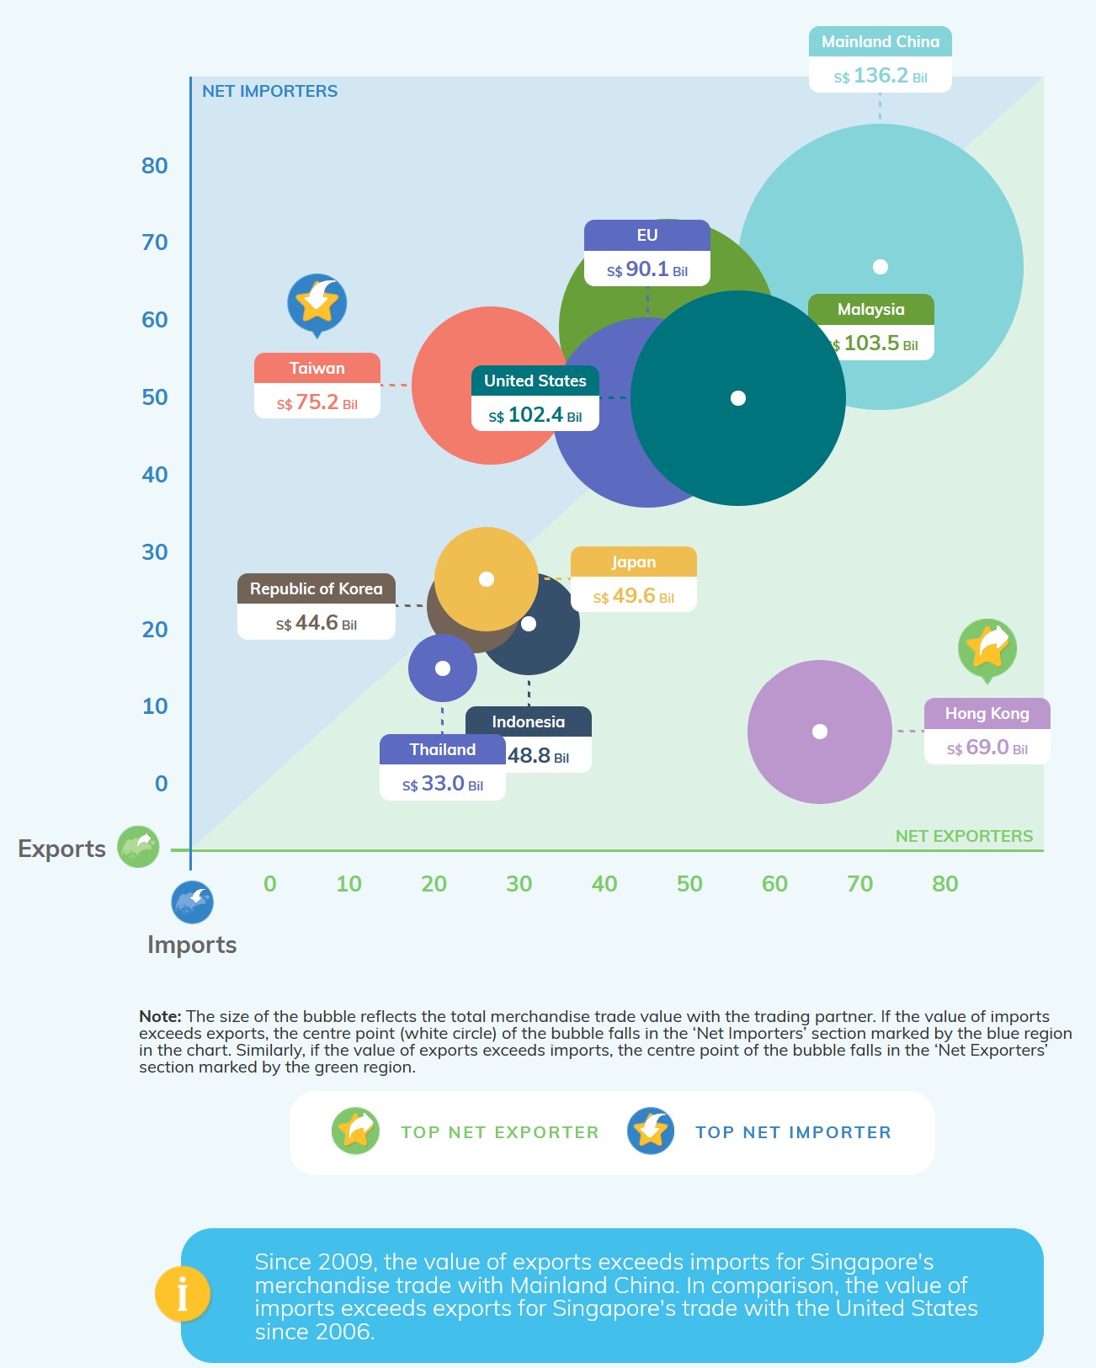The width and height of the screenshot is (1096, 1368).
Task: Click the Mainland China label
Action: (880, 42)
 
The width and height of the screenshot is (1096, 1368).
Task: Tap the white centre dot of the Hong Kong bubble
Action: (820, 732)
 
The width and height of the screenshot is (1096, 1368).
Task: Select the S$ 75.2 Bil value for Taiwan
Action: (317, 403)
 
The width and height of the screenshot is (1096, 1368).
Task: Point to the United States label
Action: (535, 381)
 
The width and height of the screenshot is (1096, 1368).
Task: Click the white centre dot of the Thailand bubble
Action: (443, 668)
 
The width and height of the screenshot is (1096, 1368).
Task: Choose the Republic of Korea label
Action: (316, 589)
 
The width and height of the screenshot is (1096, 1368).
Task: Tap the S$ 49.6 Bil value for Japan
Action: (633, 597)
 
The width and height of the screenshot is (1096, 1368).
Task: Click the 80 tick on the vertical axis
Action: (155, 166)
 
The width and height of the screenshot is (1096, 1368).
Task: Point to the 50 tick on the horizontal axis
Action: (689, 884)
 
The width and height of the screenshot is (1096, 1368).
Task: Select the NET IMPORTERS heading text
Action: (269, 92)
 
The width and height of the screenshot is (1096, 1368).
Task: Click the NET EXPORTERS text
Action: (964, 836)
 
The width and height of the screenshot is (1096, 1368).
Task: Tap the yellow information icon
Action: (182, 1294)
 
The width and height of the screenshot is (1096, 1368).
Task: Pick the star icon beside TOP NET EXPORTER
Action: (356, 1131)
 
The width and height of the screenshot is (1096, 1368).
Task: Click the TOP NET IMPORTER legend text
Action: (793, 1132)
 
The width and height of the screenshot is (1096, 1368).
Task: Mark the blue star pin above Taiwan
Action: (317, 302)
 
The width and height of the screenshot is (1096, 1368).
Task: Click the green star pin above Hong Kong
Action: (987, 648)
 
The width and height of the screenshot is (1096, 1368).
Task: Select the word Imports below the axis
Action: (192, 945)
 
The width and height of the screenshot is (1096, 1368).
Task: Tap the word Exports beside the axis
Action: (62, 849)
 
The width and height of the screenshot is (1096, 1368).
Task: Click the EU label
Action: (646, 236)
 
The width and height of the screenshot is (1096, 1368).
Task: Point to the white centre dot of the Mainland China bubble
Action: (881, 267)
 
